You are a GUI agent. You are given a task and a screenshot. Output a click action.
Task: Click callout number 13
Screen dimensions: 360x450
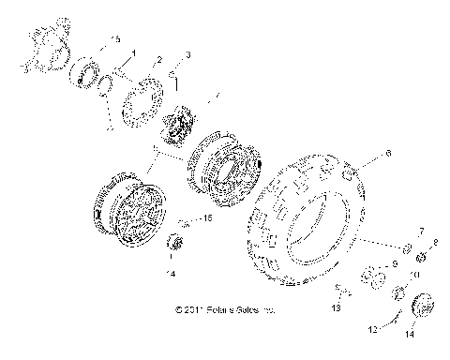[336, 307]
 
